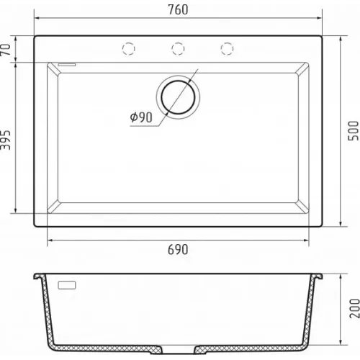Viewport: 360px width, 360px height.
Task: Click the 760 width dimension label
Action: pyautogui.click(x=178, y=10)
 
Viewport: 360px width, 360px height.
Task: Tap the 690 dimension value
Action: pyautogui.click(x=178, y=250)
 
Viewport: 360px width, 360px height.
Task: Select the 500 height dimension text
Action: pyautogui.click(x=354, y=131)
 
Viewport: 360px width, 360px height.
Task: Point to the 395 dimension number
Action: pyautogui.click(x=5, y=140)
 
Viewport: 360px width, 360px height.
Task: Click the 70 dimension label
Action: pyautogui.click(x=5, y=50)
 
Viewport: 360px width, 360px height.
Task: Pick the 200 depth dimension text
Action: pyautogui.click(x=354, y=309)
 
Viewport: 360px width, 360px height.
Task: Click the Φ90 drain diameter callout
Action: pyautogui.click(x=141, y=117)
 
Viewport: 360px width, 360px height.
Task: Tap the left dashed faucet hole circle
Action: pyautogui.click(x=129, y=48)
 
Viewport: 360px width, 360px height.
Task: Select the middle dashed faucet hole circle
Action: pyautogui.click(x=178, y=48)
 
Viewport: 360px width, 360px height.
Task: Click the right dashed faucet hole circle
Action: pyautogui.click(x=227, y=48)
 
